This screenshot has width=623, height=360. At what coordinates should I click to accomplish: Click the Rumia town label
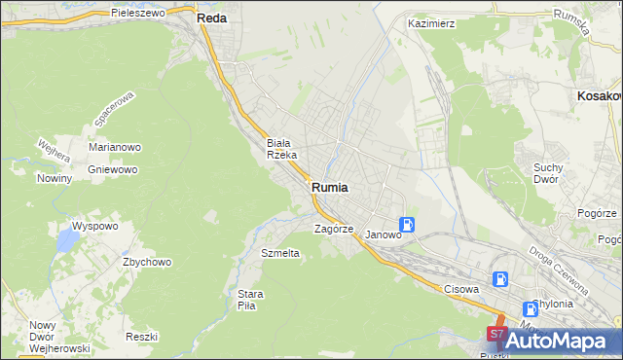tap(331, 188)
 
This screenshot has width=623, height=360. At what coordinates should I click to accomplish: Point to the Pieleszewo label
tap(141, 14)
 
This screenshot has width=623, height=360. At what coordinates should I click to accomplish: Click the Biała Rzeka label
tap(288, 148)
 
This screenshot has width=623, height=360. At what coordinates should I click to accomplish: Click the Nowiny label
tap(55, 178)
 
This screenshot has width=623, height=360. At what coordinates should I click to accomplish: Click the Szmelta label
tap(280, 253)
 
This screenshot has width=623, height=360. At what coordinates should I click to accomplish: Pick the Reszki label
tap(141, 336)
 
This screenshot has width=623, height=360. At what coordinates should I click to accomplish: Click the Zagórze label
tap(333, 230)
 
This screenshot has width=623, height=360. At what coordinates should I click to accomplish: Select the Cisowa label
tap(462, 289)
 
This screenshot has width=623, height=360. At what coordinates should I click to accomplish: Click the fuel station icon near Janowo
tap(408, 225)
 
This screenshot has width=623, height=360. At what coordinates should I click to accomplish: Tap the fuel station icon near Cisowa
tap(500, 279)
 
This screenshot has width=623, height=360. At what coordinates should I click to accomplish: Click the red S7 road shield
tap(495, 336)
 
